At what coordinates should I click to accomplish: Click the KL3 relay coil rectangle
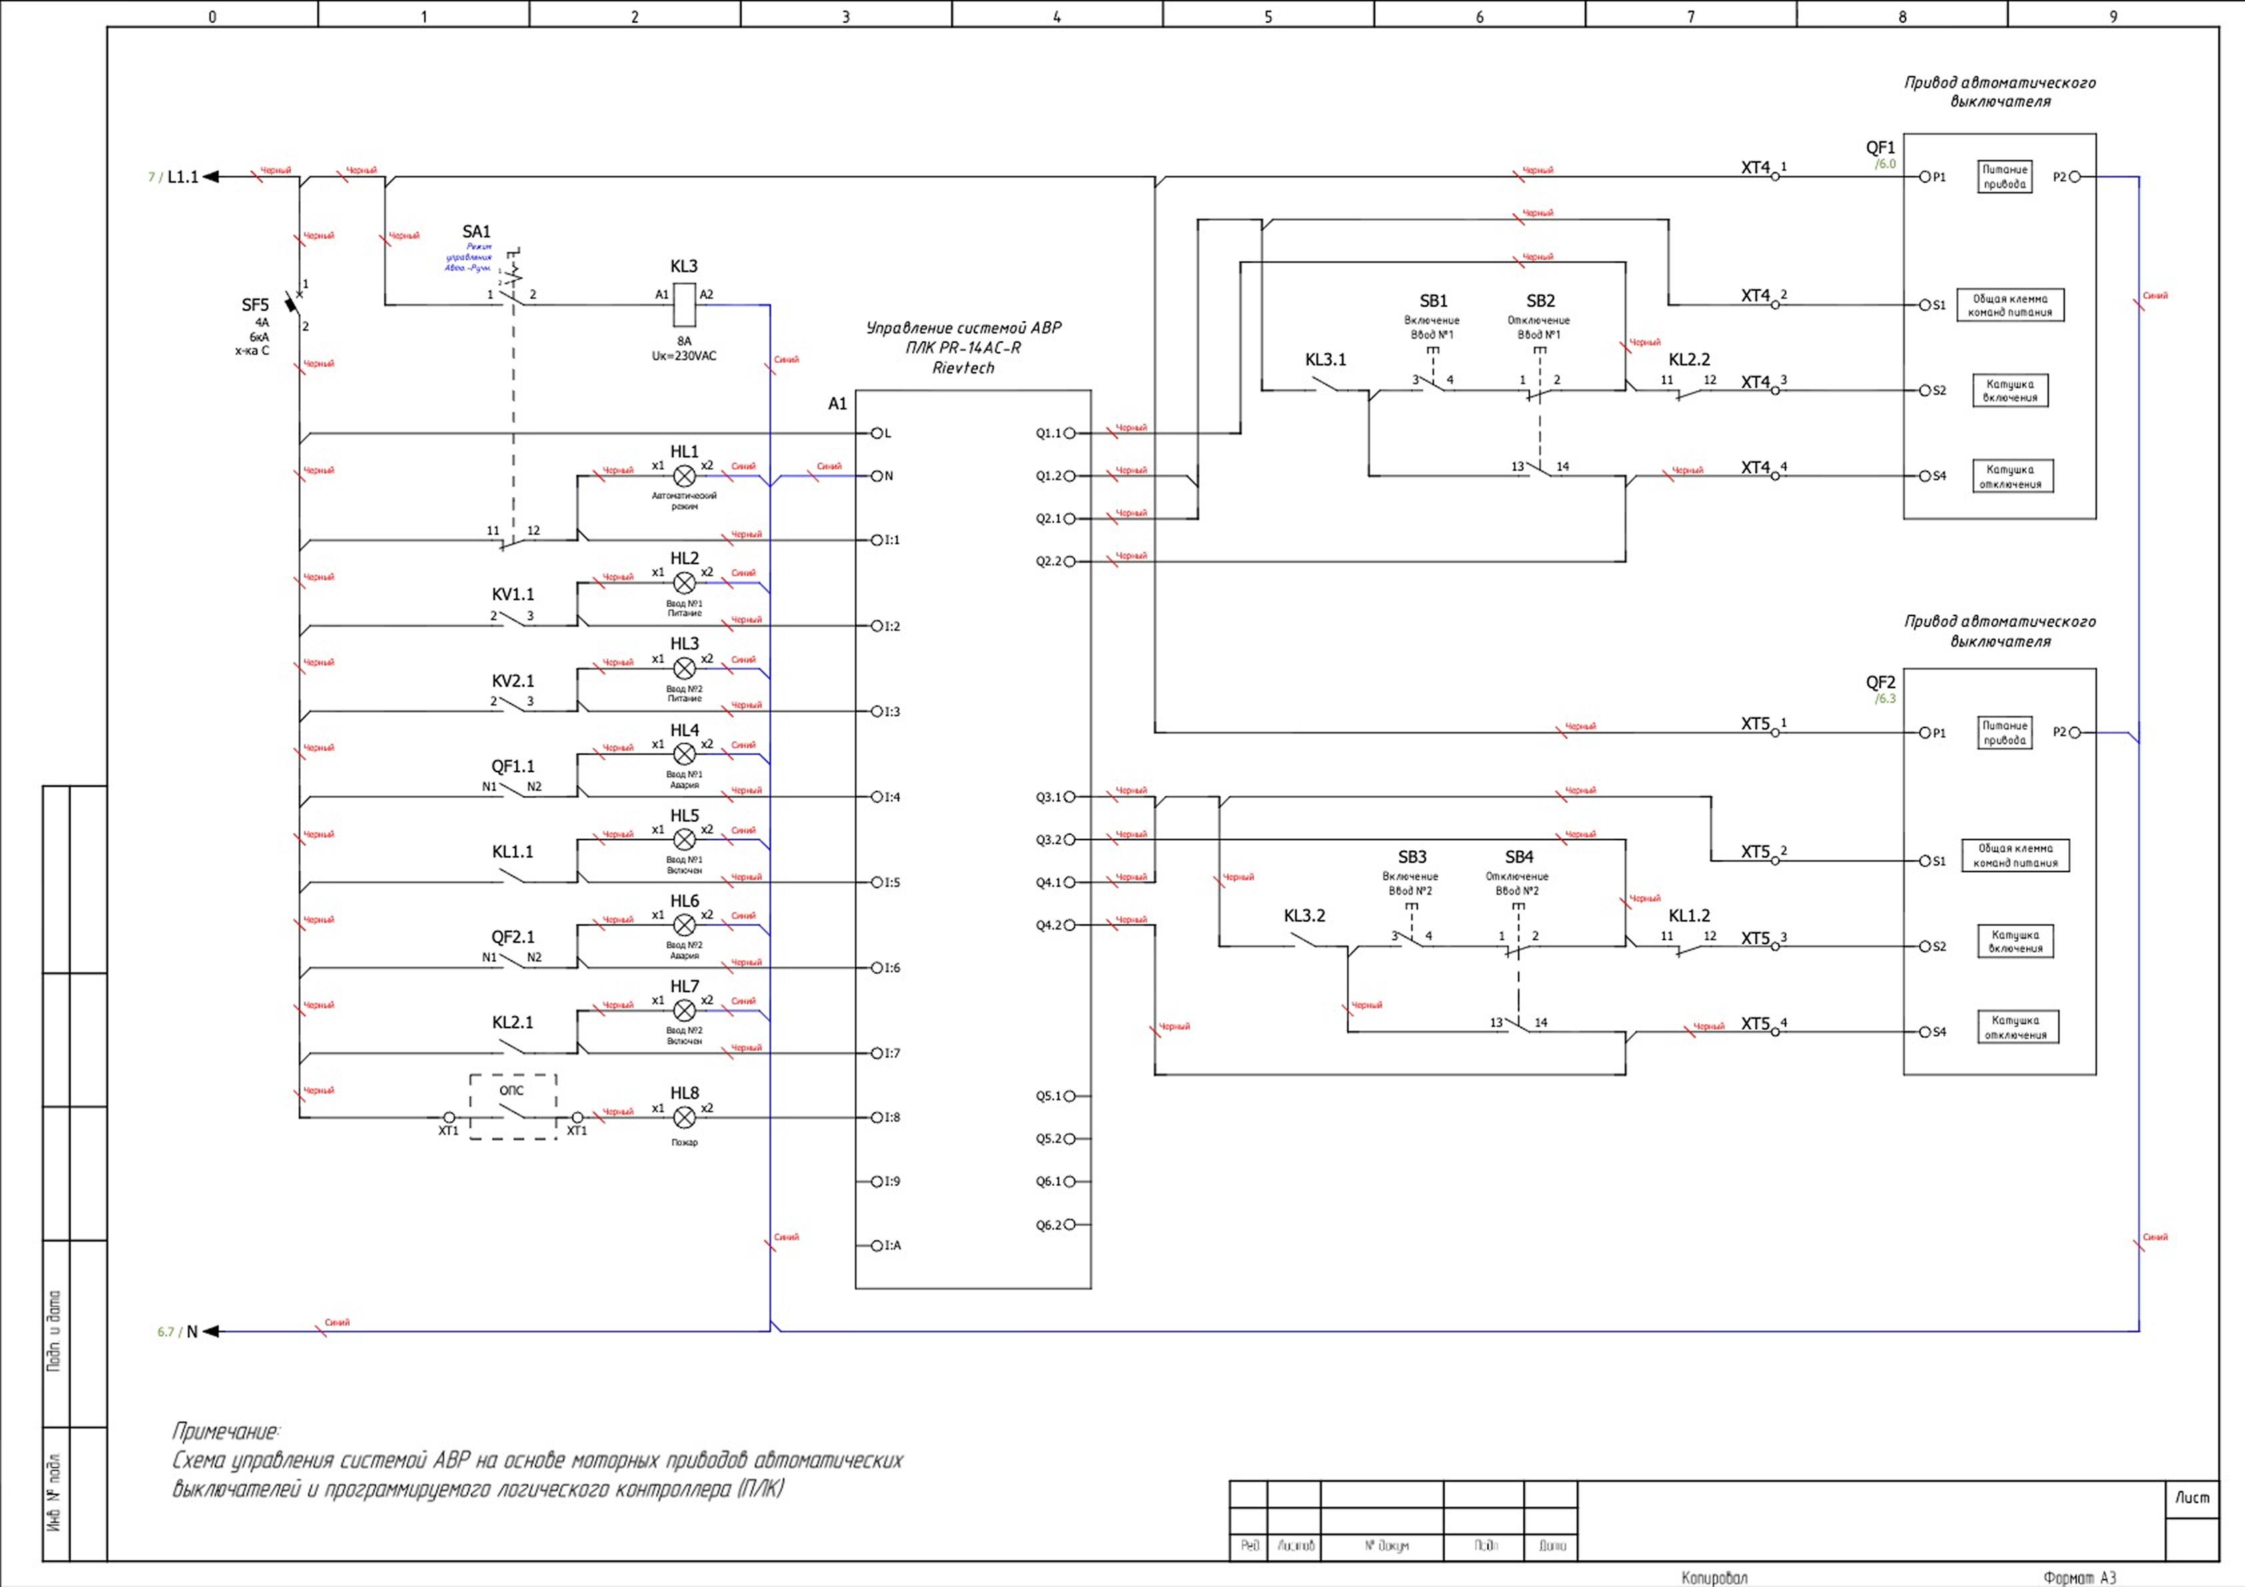click(684, 304)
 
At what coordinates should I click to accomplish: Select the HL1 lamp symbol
click(684, 476)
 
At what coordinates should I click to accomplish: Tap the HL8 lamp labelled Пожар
click(684, 1117)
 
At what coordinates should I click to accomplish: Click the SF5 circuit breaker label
click(255, 305)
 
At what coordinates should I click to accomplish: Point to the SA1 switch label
click(476, 232)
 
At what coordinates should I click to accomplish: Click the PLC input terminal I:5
click(877, 882)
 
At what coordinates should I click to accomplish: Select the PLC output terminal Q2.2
click(1070, 561)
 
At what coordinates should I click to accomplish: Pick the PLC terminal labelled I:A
click(877, 1246)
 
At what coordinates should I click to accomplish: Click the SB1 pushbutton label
click(1433, 301)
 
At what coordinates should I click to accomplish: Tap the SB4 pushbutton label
click(1519, 858)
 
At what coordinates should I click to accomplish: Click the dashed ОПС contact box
click(514, 1107)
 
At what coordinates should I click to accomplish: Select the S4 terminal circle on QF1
click(1924, 476)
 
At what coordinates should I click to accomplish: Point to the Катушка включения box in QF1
click(2010, 390)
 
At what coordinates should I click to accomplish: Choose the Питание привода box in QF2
click(2004, 732)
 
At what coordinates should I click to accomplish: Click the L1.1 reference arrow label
click(183, 177)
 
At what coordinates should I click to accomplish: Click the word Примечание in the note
click(225, 1432)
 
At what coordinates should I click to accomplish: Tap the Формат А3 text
click(2079, 1577)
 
